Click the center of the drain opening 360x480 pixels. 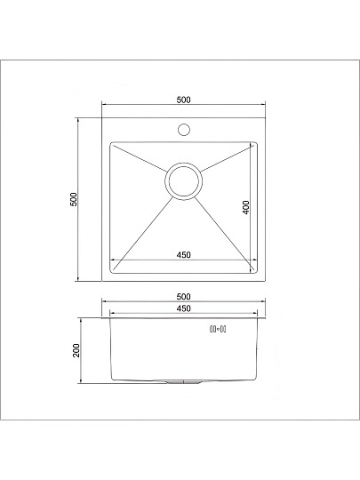183,181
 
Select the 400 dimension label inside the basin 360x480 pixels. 245,207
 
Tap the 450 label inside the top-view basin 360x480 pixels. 184,255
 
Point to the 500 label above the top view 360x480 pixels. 184,100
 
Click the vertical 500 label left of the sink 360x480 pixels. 75,199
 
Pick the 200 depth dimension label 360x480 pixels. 76,350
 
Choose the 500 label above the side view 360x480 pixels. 184,296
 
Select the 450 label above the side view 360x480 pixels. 184,308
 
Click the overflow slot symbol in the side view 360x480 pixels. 218,330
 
